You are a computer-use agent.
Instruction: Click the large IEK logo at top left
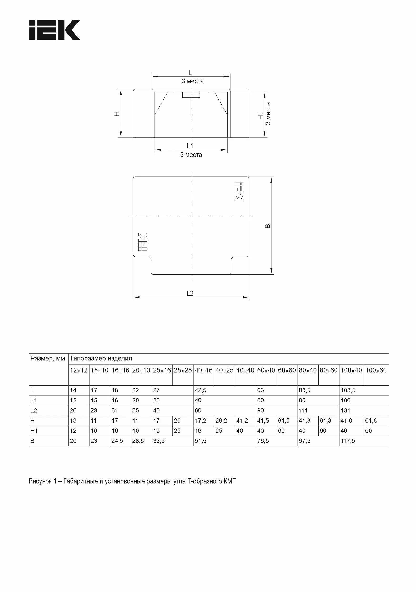54,30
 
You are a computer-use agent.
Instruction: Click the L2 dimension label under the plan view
190,293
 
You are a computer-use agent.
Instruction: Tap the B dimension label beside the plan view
268,226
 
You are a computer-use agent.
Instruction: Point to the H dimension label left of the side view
117,114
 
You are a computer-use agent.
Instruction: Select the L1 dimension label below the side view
190,146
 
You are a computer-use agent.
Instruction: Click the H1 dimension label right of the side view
261,116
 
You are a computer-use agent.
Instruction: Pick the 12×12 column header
79,370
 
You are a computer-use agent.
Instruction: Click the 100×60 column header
376,370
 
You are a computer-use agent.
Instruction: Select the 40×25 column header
224,370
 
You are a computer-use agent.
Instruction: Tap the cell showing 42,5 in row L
200,390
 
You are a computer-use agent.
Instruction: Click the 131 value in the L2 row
345,410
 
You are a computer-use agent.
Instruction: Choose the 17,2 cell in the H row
200,421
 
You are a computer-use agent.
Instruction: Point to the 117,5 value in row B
348,441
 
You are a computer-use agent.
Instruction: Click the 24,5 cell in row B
117,441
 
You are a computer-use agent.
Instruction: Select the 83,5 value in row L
304,390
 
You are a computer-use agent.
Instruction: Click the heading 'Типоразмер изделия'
101,358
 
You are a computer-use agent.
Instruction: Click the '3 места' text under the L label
193,81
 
